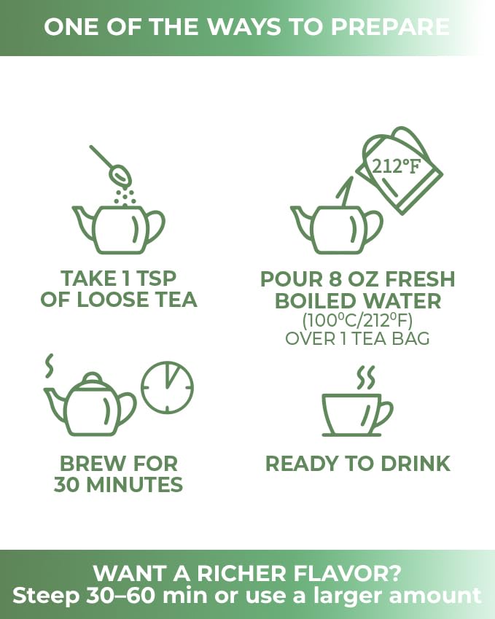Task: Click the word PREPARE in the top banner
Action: click(390, 27)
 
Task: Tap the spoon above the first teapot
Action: click(110, 164)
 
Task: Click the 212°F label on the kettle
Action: click(397, 166)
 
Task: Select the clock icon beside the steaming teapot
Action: click(168, 387)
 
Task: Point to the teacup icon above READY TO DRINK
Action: click(357, 415)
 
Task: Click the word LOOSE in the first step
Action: click(113, 299)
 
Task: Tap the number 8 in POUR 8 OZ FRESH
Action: click(335, 279)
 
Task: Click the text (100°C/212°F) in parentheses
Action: click(357, 320)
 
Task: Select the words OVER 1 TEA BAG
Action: click(357, 339)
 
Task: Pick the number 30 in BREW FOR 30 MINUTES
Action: click(67, 484)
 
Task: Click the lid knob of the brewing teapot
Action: click(93, 378)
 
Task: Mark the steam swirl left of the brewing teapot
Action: click(50, 366)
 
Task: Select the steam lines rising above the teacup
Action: click(365, 378)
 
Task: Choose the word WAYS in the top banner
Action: click(245, 27)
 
